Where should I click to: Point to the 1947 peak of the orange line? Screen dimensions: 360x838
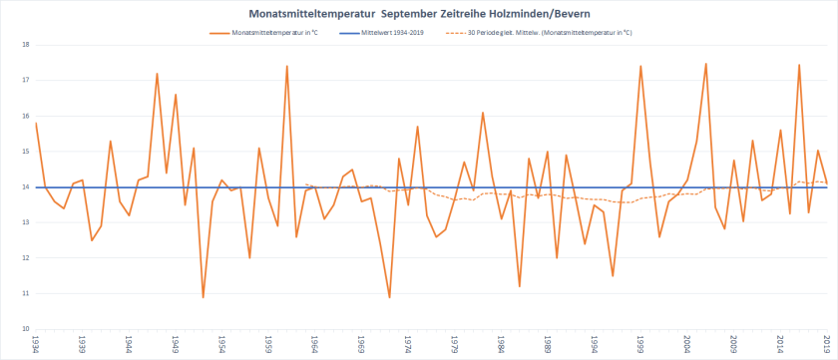(x=157, y=74)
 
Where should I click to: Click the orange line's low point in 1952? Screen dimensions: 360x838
(x=204, y=297)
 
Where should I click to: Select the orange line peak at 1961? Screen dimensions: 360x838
(x=287, y=67)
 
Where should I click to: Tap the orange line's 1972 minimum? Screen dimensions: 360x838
(x=390, y=297)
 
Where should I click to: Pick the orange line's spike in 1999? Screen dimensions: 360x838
(x=640, y=67)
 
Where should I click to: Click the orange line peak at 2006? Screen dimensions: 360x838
(x=706, y=64)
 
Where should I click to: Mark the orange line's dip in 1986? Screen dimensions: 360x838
(x=520, y=286)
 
